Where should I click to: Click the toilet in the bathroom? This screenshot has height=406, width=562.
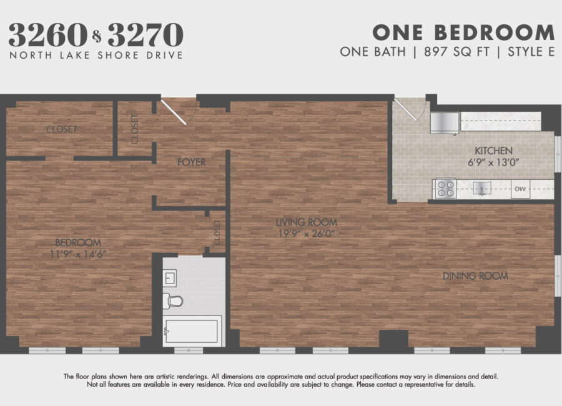[x=173, y=300]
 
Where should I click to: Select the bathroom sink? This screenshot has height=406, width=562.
[x=169, y=278]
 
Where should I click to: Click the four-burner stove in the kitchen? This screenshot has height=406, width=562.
[x=445, y=189]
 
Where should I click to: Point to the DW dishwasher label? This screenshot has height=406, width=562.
[x=520, y=189]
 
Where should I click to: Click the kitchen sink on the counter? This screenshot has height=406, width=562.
[x=483, y=188]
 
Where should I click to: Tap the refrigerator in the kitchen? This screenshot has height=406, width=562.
[x=445, y=122]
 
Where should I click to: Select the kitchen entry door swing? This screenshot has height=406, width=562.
[x=410, y=109]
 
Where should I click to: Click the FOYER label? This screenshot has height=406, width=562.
[x=192, y=162]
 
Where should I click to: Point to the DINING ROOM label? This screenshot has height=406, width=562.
[x=475, y=276]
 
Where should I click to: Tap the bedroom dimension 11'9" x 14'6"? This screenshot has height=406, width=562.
[x=78, y=254]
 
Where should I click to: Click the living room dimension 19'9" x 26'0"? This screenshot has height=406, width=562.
[x=307, y=234]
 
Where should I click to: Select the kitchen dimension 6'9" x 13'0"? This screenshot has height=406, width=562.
[x=493, y=162]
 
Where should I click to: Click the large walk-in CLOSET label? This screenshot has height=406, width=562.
[x=62, y=129]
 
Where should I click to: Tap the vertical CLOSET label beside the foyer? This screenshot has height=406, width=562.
[x=135, y=129]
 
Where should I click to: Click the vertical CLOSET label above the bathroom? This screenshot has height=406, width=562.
[x=217, y=233]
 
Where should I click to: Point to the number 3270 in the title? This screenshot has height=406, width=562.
[x=145, y=35]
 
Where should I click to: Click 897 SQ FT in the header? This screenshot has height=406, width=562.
[x=456, y=52]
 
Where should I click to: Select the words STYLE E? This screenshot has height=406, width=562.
[x=531, y=52]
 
